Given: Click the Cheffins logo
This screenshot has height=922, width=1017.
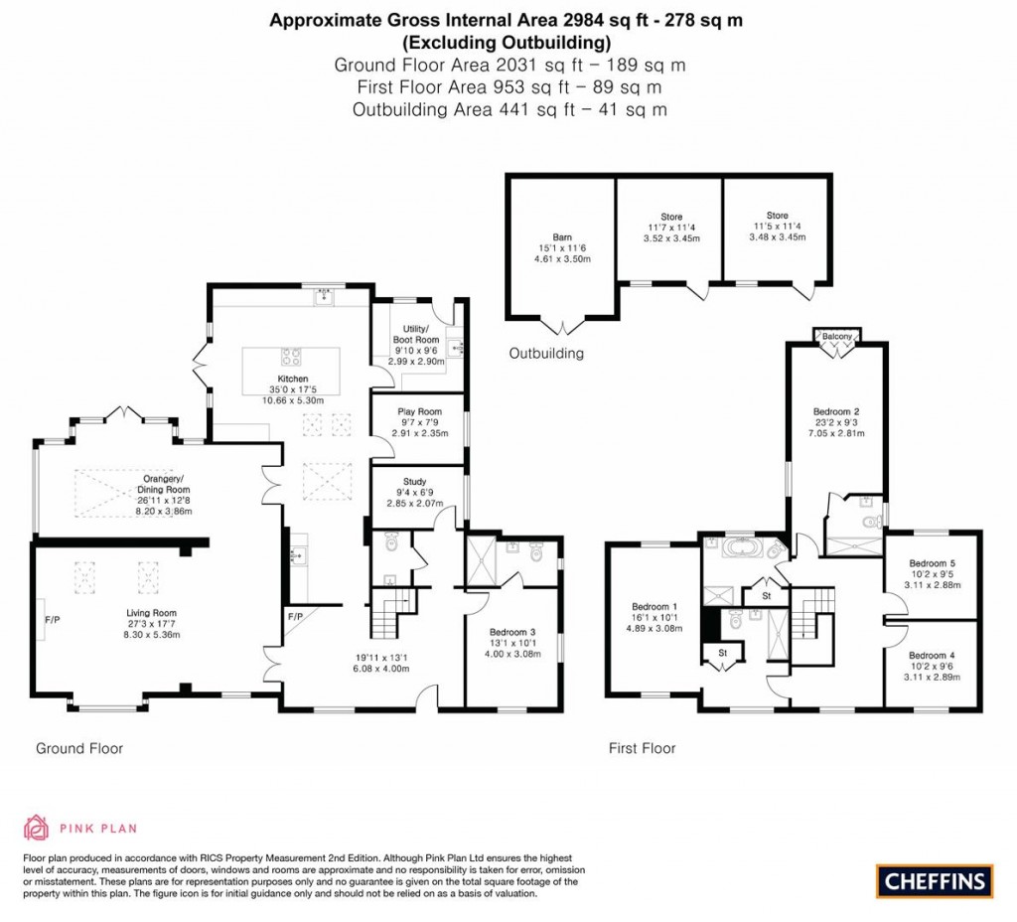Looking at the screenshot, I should (x=935, y=879).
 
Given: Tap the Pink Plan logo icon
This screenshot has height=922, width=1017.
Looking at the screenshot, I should (x=36, y=828).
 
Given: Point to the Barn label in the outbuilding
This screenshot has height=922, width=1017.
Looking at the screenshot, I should (x=563, y=237).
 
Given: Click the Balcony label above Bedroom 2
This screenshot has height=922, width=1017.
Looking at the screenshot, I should (x=837, y=337).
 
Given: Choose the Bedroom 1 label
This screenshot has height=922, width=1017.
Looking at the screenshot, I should (x=654, y=607).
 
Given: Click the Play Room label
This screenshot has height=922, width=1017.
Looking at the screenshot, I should (x=419, y=411).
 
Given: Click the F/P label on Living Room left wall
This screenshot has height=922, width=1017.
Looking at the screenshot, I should (x=52, y=620).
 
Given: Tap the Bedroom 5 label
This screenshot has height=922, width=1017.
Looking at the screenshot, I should (x=932, y=561).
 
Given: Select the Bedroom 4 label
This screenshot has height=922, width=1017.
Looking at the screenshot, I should (x=932, y=655).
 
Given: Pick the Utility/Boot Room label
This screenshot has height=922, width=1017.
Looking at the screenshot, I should (x=415, y=334).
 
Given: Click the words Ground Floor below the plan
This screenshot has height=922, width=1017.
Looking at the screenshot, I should (x=79, y=748).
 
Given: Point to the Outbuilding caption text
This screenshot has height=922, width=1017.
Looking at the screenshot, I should (x=546, y=353).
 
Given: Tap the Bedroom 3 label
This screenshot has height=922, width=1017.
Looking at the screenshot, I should (x=512, y=631).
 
